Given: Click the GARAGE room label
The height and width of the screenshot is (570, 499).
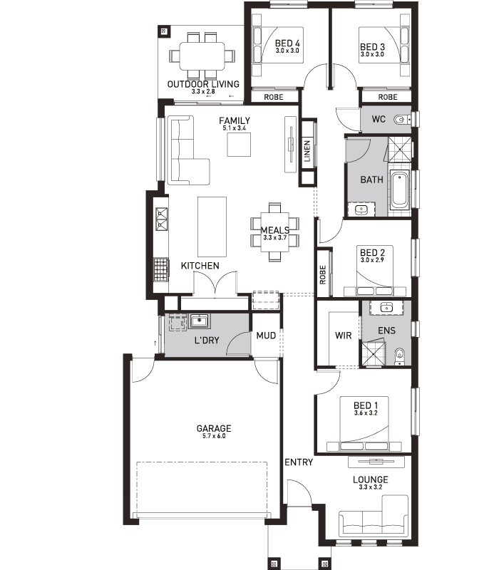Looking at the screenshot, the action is [x=213, y=428].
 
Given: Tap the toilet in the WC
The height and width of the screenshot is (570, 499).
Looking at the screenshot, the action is [x=402, y=119].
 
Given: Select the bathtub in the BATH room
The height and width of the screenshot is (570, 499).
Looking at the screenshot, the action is [x=399, y=190].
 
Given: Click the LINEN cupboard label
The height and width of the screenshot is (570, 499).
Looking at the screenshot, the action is [x=307, y=151].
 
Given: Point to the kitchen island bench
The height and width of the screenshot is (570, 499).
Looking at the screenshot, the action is [x=212, y=227].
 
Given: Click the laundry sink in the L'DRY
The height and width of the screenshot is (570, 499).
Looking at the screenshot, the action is [x=199, y=321].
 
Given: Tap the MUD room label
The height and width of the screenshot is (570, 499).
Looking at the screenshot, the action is [x=266, y=336].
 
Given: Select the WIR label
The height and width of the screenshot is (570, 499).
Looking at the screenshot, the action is [x=344, y=335].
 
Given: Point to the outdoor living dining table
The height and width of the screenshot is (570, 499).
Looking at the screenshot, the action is [x=202, y=56].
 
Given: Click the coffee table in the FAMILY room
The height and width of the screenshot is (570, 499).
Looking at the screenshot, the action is [x=239, y=145].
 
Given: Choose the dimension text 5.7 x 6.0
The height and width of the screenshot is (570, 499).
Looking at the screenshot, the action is [x=214, y=436].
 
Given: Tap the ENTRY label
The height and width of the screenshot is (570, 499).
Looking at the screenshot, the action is [x=299, y=462].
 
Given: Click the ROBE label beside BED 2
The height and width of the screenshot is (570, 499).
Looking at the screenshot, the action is [x=323, y=274].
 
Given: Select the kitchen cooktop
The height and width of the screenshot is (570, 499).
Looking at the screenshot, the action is [x=160, y=270].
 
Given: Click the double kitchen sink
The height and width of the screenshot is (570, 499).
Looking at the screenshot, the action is [x=161, y=219].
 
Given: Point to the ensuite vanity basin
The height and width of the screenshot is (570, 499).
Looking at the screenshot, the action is [x=386, y=308].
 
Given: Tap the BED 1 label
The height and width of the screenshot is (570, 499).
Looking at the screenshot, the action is [x=366, y=405].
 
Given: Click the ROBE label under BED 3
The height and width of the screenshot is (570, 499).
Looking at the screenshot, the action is [x=388, y=97].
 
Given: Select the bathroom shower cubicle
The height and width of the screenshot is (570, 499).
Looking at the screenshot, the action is [x=400, y=149].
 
